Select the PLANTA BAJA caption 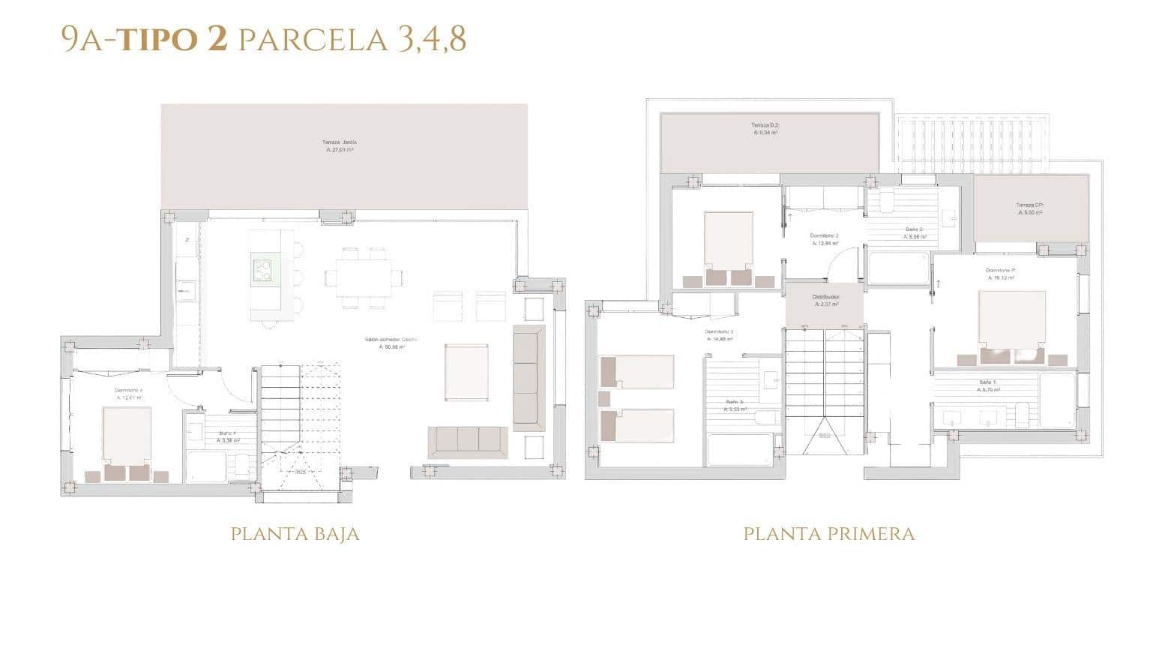click(295, 534)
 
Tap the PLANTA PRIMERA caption click(828, 534)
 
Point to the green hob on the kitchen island click(264, 269)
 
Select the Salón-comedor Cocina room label click(390, 343)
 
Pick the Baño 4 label click(228, 436)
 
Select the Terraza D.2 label click(765, 128)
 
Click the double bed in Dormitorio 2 click(727, 244)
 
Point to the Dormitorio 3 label click(719, 334)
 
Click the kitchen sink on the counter click(186, 289)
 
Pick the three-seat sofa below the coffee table click(468, 442)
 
